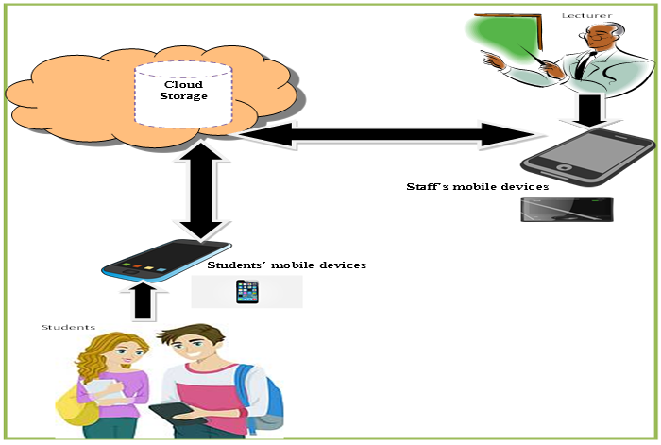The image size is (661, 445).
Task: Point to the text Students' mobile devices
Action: click(x=287, y=265)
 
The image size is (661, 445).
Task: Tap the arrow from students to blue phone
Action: click(x=142, y=301)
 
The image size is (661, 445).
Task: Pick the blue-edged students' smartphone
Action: click(x=166, y=259)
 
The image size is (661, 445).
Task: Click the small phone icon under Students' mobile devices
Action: click(x=246, y=292)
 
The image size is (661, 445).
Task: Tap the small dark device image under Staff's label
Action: click(x=568, y=209)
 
